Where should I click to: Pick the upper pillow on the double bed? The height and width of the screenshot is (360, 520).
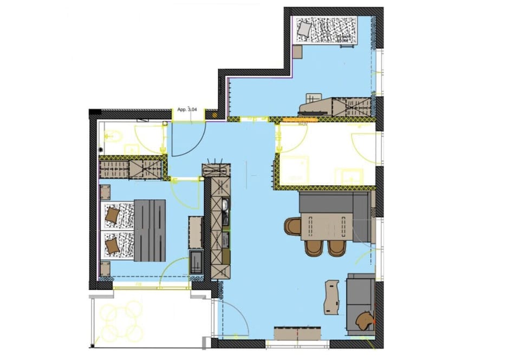click(x=112, y=215)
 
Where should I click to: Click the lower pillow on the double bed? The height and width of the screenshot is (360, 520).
click(x=112, y=246)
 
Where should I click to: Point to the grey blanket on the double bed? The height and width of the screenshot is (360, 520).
click(x=149, y=230)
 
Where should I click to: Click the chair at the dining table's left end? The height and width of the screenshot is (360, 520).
click(x=292, y=226)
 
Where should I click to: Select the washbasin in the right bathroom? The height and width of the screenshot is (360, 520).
click(x=349, y=176)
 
